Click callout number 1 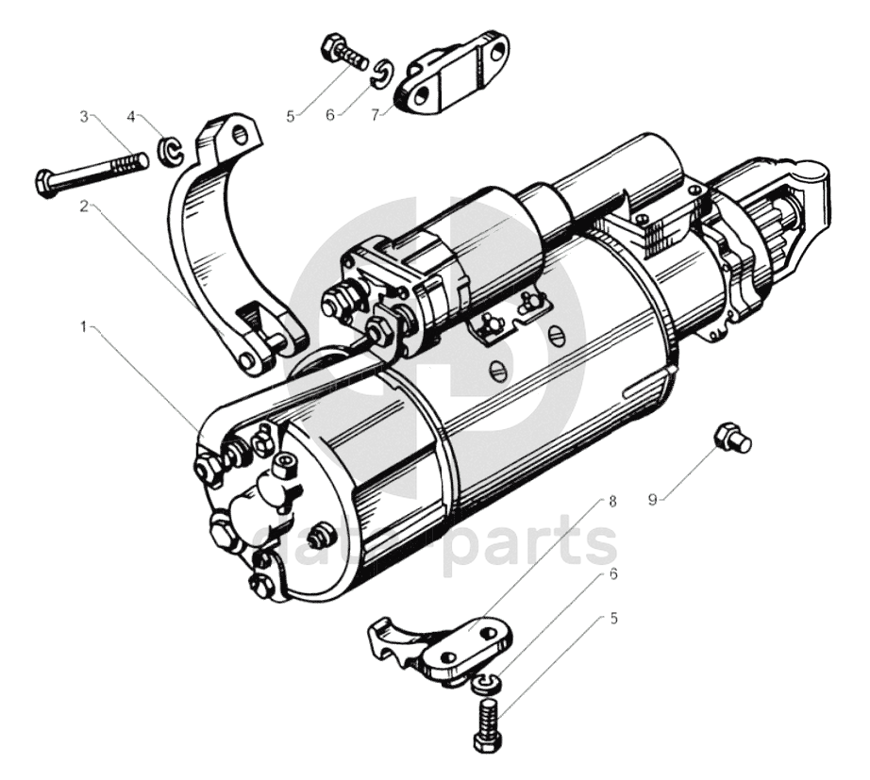click(x=83, y=326)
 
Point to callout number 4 click(x=132, y=117)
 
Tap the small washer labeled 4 click(x=169, y=150)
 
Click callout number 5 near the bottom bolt click(x=613, y=619)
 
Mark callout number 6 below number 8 click(x=613, y=573)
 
